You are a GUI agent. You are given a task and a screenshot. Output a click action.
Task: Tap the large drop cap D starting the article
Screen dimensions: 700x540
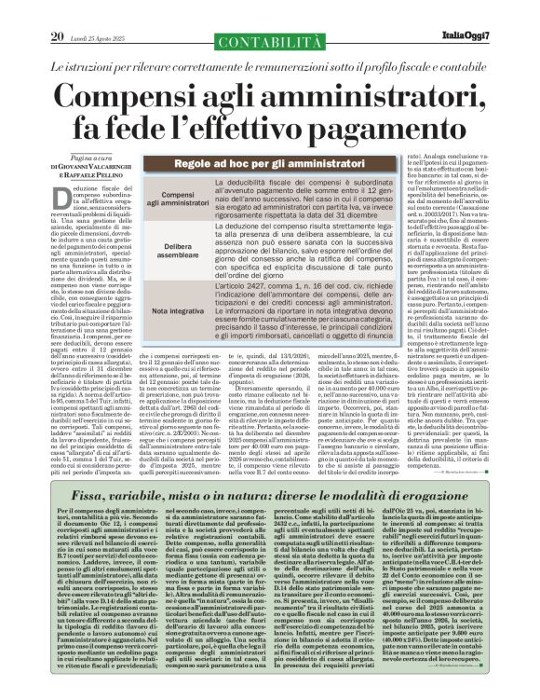tap(56, 197)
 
